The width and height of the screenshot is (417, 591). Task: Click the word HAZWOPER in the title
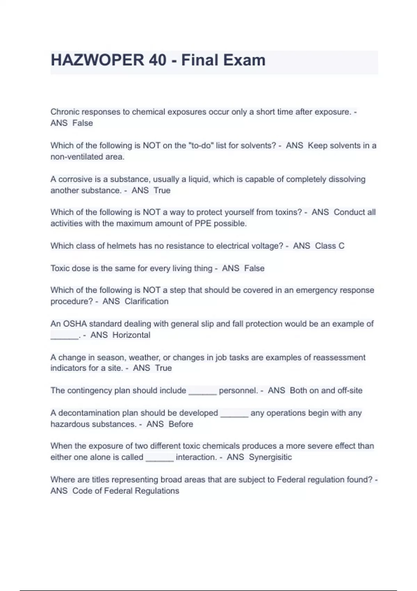coord(97,60)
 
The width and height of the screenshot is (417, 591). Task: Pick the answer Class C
coord(329,246)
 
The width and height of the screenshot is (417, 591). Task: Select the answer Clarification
coord(146,301)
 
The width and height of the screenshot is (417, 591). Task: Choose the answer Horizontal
coord(131,335)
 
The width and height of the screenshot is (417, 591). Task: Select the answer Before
coord(181,424)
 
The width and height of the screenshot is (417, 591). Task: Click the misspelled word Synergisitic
coord(270,457)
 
